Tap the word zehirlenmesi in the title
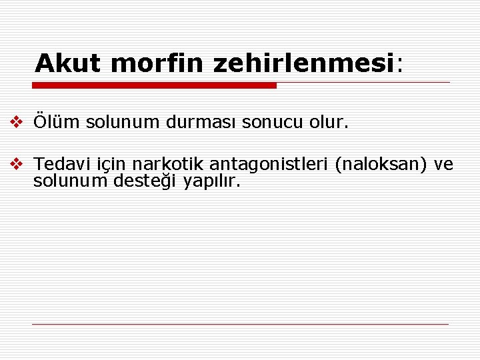coord(305,63)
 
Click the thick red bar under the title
coord(155,85)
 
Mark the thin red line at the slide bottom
coord(240,325)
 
